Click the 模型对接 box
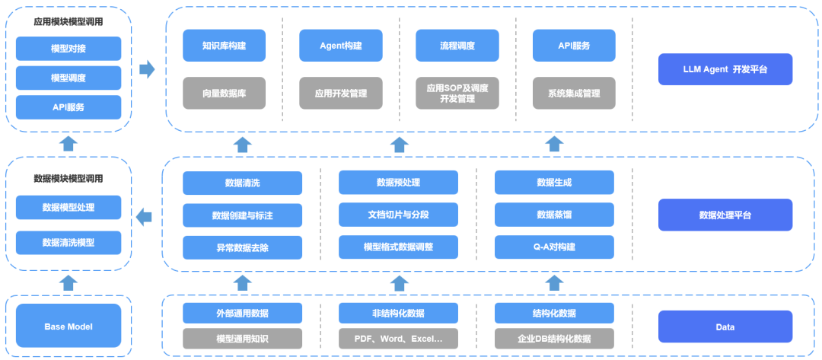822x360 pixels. pos(68,49)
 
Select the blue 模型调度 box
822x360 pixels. pos(68,78)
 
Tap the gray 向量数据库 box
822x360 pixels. pos(224,94)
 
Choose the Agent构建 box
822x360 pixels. pos(340,46)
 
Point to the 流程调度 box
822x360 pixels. pos(457,46)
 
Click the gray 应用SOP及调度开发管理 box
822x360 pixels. pos(457,94)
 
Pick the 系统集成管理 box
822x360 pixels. pos(573,94)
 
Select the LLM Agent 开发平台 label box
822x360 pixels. pos(725,69)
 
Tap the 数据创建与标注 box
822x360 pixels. pos(242,215)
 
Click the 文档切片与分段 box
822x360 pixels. pos(398,215)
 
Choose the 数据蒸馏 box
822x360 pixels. pos(554,215)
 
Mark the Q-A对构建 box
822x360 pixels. pos(554,247)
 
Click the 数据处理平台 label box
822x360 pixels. pos(725,215)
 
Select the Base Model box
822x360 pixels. pos(68,327)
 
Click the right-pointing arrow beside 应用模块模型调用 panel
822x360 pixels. pos(147,70)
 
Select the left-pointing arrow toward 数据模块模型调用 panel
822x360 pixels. pos(144,218)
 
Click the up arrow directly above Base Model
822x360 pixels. pos(68,283)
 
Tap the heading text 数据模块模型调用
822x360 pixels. pos(68,179)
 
